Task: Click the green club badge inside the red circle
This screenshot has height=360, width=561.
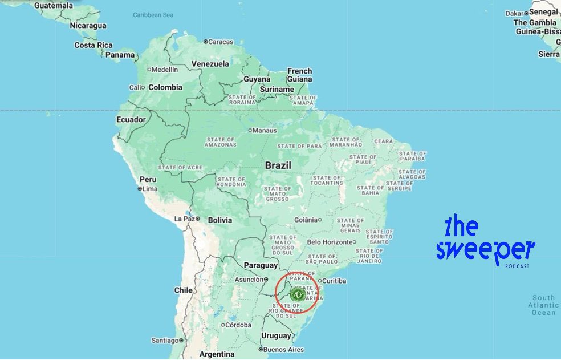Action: pos(296,294)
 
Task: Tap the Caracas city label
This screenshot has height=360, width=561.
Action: pos(221,42)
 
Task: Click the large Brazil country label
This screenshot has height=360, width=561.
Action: pos(278,165)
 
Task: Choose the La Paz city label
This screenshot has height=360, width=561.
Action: pos(185,219)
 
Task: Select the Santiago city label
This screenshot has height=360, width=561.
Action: pos(165,341)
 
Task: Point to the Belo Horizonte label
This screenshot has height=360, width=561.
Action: pos(330,242)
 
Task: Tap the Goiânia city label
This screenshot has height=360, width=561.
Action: pos(306,220)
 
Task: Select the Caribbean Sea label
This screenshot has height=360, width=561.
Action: pos(153,15)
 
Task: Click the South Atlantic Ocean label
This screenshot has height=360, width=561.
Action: pos(543,305)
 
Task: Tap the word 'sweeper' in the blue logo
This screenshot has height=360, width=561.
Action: pos(486,250)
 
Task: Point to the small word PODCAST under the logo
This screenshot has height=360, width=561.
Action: pos(517,266)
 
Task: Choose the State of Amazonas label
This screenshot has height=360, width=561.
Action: pos(221,142)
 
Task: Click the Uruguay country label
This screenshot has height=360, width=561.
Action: pos(276,335)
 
